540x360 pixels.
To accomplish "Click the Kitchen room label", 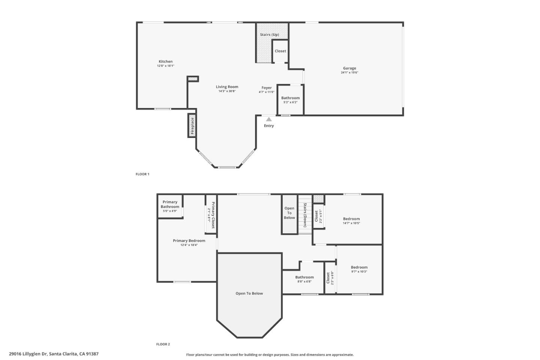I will tap(165, 61).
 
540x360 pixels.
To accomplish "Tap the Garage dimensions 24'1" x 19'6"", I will tap(349, 73).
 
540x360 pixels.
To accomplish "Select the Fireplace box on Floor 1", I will tap(192, 126).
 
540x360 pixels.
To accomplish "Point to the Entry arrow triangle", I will tap(269, 119).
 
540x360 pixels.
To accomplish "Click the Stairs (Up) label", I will tap(269, 34).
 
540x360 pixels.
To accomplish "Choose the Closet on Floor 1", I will tap(280, 51).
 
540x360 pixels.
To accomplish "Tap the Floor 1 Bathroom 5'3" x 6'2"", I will tap(290, 100).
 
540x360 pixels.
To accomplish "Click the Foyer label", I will tap(267, 88).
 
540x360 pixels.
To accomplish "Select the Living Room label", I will tap(227, 87).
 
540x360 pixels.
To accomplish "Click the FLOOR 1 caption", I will tap(142, 174).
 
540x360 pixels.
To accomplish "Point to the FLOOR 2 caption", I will tap(163, 344).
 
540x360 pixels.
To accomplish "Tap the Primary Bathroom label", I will tap(170, 204).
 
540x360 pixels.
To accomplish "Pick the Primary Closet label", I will tap(213, 215).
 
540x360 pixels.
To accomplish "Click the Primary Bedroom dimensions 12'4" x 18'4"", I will tap(189, 245).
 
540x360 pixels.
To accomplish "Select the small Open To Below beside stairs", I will tap(289, 213).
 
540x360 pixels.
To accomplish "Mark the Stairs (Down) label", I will tap(305, 215).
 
